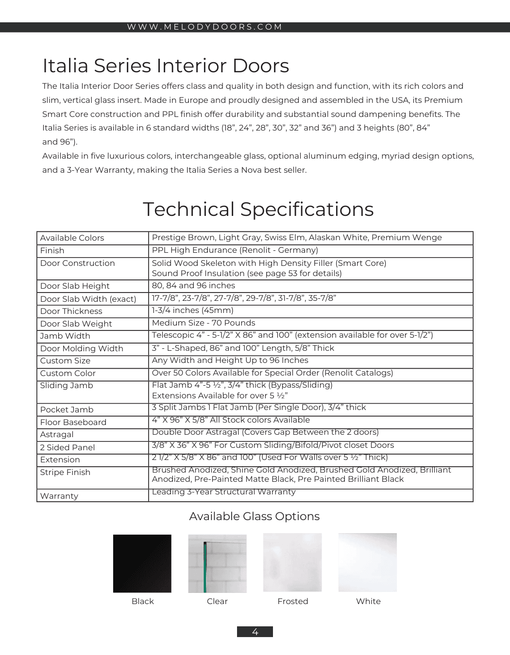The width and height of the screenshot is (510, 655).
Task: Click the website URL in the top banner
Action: point(204,27)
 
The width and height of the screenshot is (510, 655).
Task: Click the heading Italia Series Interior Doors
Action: point(166,65)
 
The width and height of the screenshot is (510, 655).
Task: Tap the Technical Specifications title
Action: point(258,209)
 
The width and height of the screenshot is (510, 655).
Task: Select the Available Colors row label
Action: point(72,238)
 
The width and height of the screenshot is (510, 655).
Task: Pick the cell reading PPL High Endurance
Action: point(235,250)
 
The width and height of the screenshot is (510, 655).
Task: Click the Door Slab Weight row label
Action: point(76,324)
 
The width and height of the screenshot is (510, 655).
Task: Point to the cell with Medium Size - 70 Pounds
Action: point(204,323)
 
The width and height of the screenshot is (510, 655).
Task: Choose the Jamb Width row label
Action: point(65,336)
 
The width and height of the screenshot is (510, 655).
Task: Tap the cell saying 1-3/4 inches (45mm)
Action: point(192,311)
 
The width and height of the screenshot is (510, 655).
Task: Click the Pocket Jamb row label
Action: point(67,409)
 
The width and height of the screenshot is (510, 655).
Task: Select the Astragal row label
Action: point(57,434)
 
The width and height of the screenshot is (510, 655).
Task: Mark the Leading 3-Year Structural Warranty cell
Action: point(223,492)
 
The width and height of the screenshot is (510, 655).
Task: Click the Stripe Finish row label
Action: point(65,472)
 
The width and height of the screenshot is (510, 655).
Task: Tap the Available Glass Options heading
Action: point(254,516)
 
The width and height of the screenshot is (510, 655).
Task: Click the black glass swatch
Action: point(142,563)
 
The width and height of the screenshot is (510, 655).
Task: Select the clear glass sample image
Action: point(217,563)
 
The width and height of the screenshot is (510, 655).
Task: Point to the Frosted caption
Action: point(292,601)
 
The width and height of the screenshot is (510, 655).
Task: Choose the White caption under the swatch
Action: point(368,601)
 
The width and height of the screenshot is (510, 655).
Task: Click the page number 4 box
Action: point(255,632)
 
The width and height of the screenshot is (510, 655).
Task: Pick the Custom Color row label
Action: point(68,373)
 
